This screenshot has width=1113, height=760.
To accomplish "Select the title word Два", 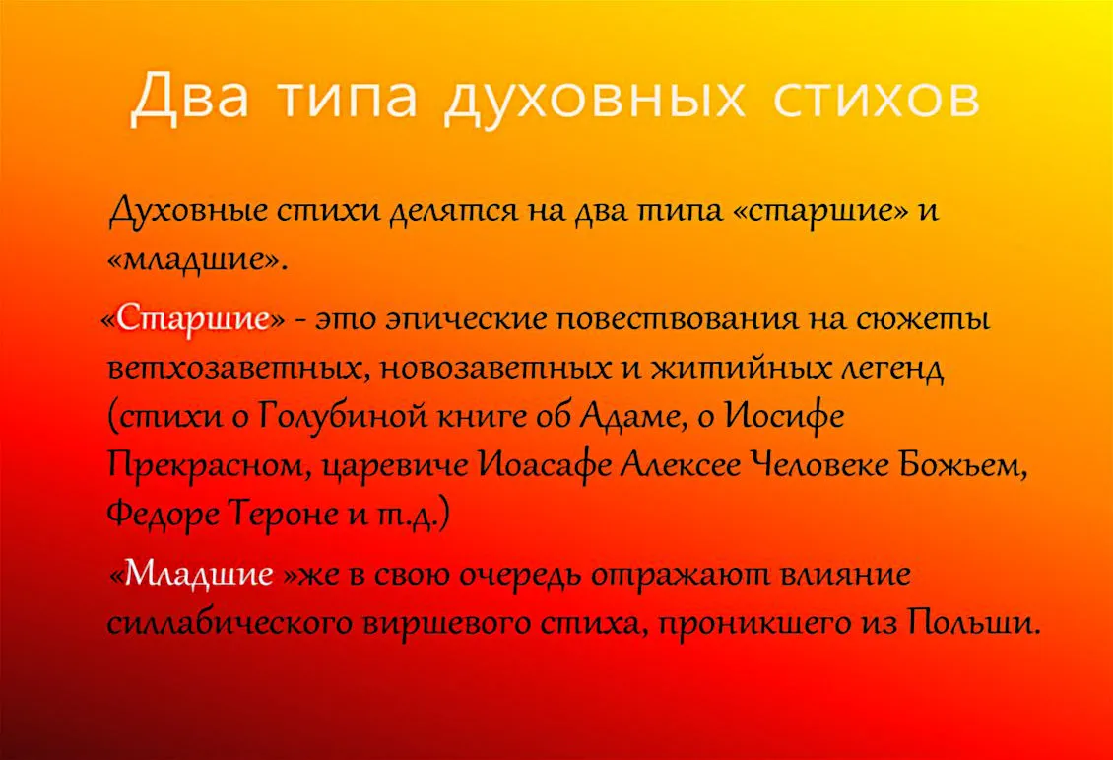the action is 190,97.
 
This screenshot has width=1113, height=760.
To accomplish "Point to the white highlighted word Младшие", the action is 199,574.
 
